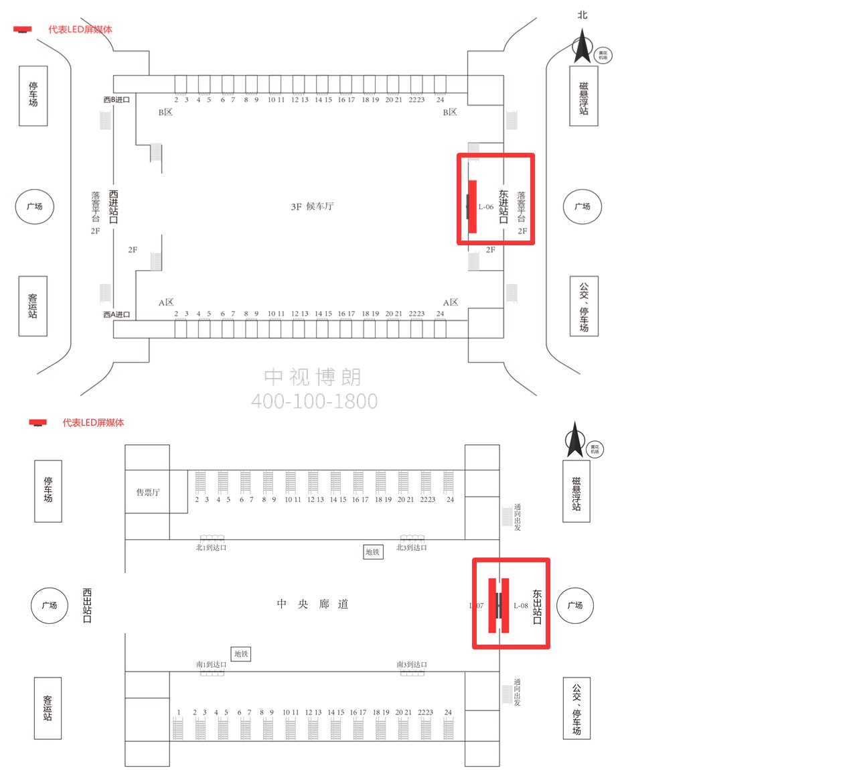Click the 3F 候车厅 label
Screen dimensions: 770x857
pyautogui.click(x=312, y=206)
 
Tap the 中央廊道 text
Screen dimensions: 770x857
pyautogui.click(x=313, y=604)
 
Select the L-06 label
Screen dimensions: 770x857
pyautogui.click(x=486, y=207)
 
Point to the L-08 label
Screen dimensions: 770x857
pyautogui.click(x=521, y=606)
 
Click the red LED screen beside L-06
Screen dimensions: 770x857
pyautogui.click(x=472, y=206)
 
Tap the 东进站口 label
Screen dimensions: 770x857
pyautogui.click(x=503, y=206)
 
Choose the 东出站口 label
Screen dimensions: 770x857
pyautogui.click(x=537, y=606)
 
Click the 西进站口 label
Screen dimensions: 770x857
pyautogui.click(x=113, y=206)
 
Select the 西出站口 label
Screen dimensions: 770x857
pyautogui.click(x=87, y=605)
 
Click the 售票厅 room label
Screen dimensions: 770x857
pyautogui.click(x=148, y=492)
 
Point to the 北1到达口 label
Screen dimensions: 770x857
pyautogui.click(x=211, y=548)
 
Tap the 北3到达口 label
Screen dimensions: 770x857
pyautogui.click(x=411, y=548)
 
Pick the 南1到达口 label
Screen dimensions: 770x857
pyautogui.click(x=211, y=664)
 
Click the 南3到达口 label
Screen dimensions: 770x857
pyautogui.click(x=411, y=664)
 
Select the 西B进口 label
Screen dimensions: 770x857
pyautogui.click(x=116, y=100)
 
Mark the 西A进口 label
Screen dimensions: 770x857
pyautogui.click(x=116, y=314)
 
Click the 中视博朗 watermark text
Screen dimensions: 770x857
pyautogui.click(x=313, y=377)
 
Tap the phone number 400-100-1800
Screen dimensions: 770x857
pyautogui.click(x=314, y=401)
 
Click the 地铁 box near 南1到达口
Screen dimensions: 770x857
pyautogui.click(x=241, y=653)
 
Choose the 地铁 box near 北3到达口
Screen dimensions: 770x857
pyautogui.click(x=373, y=552)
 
